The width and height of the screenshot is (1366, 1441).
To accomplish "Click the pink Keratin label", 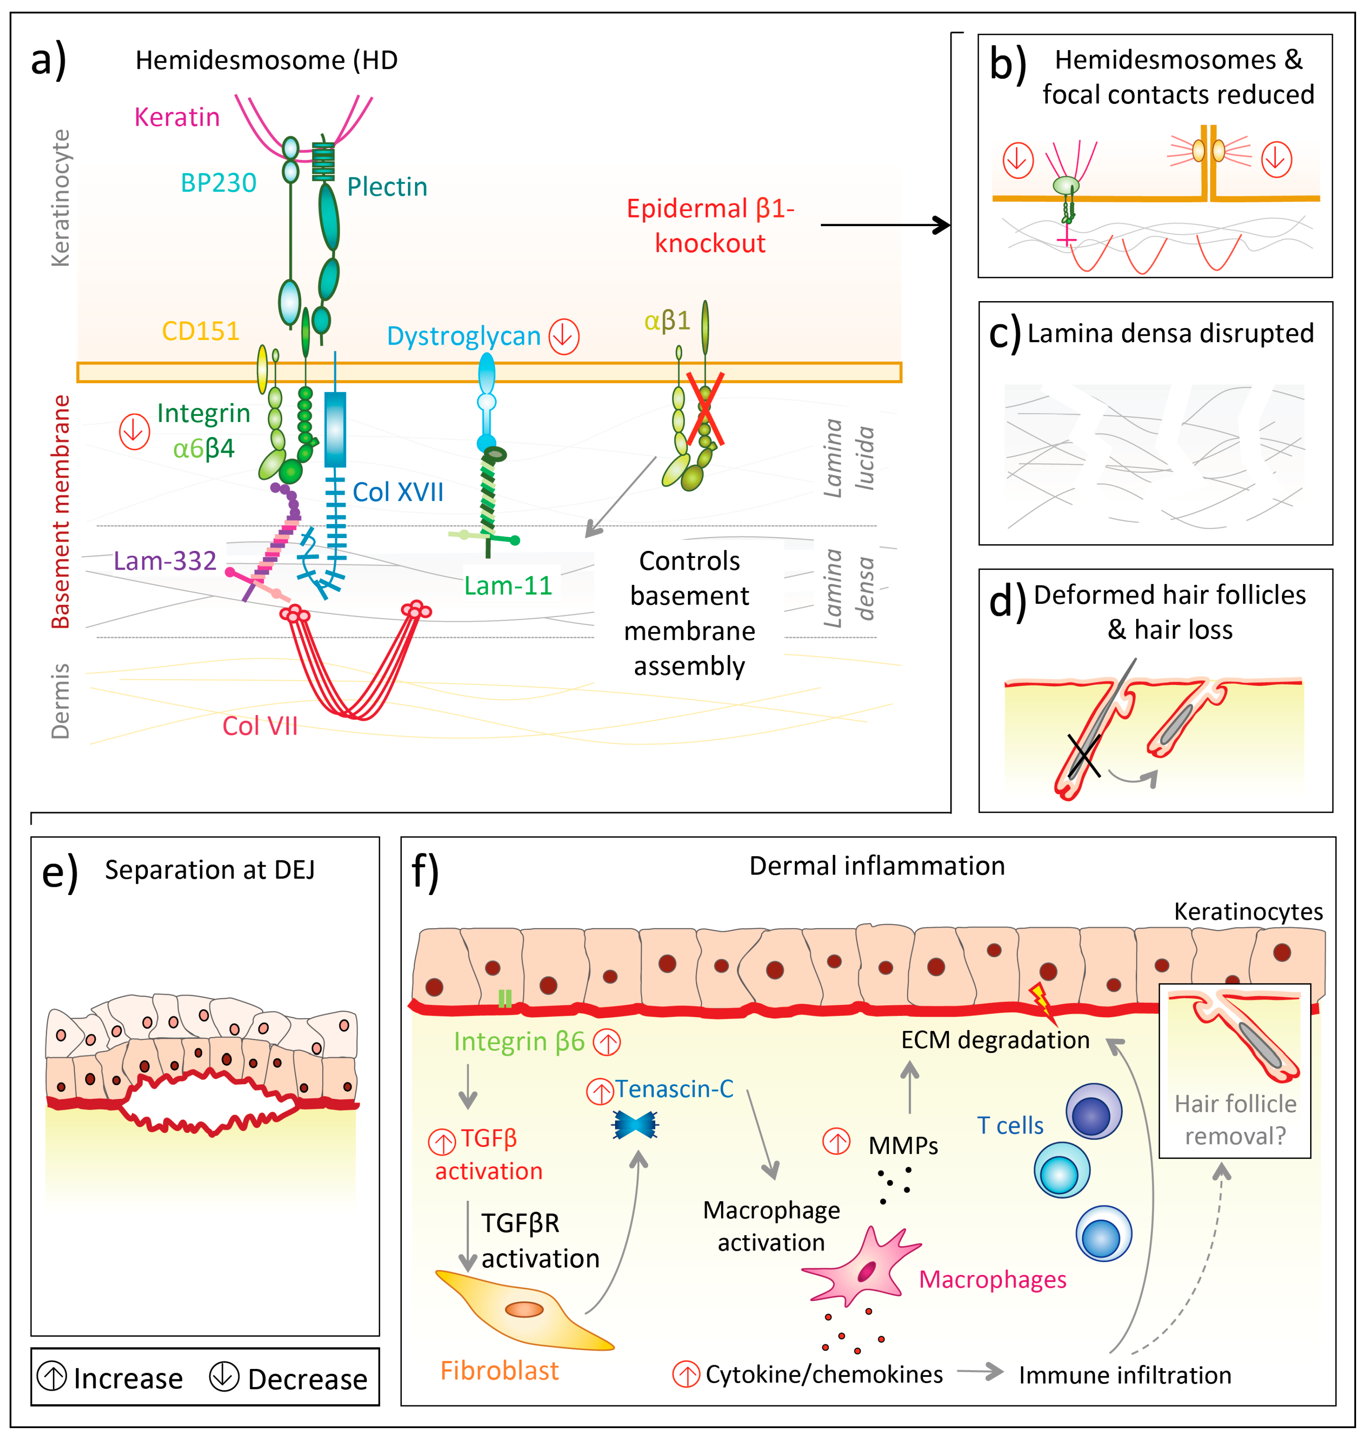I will click(x=177, y=117).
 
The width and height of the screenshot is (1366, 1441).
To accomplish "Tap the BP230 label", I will click(x=218, y=183).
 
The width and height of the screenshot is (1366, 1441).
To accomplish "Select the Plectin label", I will click(x=386, y=187).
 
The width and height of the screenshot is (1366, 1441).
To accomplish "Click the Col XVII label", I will click(x=398, y=492).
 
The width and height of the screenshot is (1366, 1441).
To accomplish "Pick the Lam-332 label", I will click(x=165, y=561).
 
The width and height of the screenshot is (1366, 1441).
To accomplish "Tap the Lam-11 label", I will click(x=508, y=585).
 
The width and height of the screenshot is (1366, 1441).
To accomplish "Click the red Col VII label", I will click(x=260, y=726).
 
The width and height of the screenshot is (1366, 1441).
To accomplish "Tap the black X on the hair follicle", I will click(x=1084, y=756).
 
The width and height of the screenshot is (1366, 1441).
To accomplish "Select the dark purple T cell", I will click(x=1093, y=1112).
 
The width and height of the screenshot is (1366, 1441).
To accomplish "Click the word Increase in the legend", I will click(x=128, y=1378).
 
